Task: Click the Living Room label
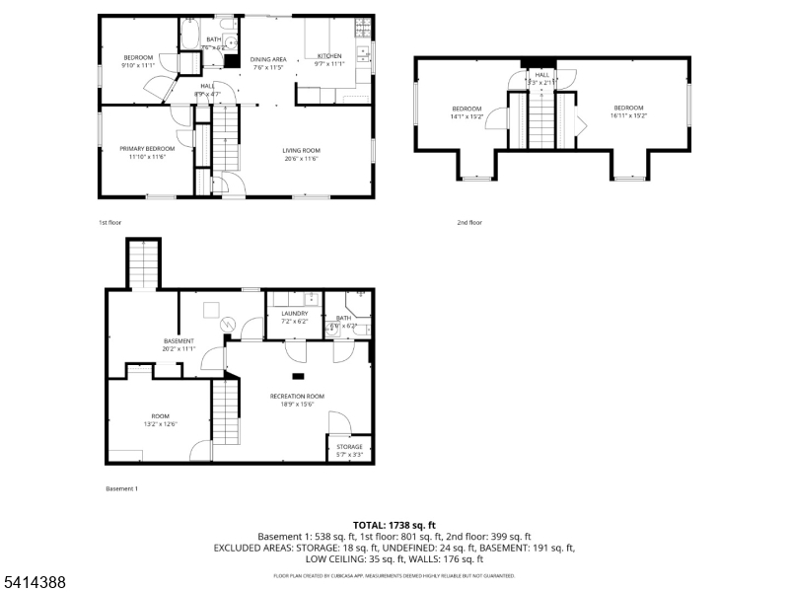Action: (302, 150)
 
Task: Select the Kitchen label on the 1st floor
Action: (329, 56)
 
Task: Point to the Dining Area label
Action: (268, 59)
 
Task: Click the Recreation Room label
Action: (297, 396)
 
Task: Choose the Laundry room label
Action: (294, 313)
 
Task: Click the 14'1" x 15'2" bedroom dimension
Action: (466, 115)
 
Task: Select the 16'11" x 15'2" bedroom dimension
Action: (628, 115)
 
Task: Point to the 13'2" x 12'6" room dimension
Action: (160, 424)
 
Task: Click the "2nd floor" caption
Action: (469, 222)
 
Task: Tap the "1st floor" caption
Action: (110, 222)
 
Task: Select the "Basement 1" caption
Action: (121, 488)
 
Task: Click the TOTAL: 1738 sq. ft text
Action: (394, 525)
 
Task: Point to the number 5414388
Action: (34, 583)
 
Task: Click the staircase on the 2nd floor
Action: (542, 118)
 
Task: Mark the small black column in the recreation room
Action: (297, 375)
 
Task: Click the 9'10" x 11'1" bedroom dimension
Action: (138, 65)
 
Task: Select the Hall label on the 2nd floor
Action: (542, 74)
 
